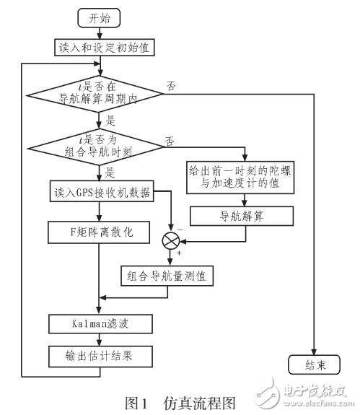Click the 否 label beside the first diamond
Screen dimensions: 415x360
click(x=172, y=84)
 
